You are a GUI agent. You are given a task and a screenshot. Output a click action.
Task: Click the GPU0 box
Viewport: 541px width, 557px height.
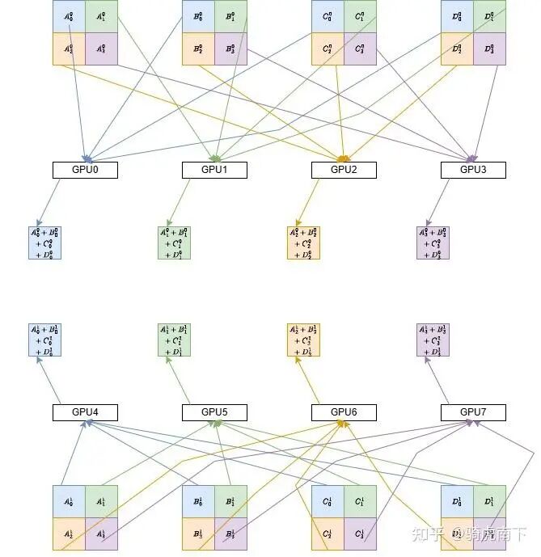point(85,170)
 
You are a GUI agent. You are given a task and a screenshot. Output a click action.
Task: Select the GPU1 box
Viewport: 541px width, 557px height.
point(214,170)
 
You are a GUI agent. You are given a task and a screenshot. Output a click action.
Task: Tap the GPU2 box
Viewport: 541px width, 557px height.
point(344,170)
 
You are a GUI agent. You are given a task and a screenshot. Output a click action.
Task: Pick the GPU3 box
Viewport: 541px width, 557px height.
point(473,170)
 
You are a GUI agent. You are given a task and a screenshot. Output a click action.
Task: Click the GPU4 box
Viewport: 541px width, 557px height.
point(85,412)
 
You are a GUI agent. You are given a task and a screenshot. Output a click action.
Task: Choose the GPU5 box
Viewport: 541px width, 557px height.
point(214,412)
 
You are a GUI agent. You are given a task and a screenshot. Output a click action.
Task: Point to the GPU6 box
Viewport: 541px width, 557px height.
point(344,412)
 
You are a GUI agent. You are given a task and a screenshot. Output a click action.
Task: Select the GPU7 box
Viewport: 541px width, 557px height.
point(473,412)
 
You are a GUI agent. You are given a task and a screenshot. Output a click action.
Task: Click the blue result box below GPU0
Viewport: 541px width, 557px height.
point(44,243)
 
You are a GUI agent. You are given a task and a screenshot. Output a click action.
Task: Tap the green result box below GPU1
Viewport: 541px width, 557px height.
point(174,243)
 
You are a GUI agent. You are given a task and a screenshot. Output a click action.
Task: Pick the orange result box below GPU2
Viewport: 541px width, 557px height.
point(303,243)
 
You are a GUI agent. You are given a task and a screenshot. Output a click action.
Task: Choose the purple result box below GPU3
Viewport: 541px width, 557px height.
point(433,243)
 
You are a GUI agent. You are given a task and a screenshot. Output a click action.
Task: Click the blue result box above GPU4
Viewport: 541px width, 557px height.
point(44,340)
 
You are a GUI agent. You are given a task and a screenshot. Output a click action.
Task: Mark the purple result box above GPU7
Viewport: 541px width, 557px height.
point(433,340)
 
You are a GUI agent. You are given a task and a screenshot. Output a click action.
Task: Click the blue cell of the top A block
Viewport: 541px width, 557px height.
point(69,16)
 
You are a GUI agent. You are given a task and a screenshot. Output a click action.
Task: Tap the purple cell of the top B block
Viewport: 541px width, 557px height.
point(230,49)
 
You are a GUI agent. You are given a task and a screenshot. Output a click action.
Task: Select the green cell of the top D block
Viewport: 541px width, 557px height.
point(489,16)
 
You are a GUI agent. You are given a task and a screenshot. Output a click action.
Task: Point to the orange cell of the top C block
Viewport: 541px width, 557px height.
point(328,49)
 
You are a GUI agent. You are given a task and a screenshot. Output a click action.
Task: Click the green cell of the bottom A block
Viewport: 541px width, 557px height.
point(101,501)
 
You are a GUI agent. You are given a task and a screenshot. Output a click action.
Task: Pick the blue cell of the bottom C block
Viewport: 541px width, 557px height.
point(328,501)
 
